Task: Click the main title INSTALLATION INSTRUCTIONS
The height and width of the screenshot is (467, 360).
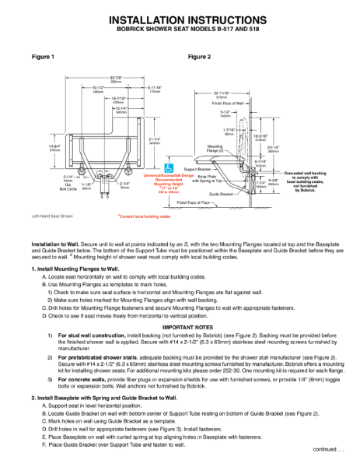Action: tap(180, 19)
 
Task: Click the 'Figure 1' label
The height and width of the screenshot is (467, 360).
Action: tap(43, 58)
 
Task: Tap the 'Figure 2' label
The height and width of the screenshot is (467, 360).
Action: tap(200, 58)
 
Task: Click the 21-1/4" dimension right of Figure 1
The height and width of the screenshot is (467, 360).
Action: tap(154, 140)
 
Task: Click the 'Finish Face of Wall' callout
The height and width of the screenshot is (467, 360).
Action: tap(229, 103)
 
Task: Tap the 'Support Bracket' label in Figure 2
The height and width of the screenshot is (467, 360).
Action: tap(198, 168)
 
